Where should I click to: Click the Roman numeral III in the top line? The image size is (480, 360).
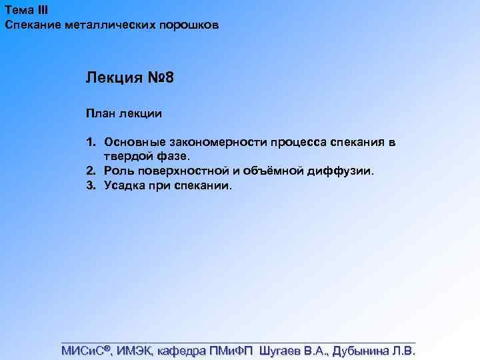coord(41,10)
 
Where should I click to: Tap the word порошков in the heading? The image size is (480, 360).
coord(187,25)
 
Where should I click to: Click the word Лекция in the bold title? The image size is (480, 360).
coord(114,79)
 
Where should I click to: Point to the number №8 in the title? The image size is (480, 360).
coord(160,79)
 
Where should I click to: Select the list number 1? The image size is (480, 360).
coord(90,143)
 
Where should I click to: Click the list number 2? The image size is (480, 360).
coord(90,171)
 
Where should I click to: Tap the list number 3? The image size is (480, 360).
coord(90,185)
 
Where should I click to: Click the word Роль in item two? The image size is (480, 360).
coord(118,171)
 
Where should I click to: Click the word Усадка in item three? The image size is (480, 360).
coord(123,185)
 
